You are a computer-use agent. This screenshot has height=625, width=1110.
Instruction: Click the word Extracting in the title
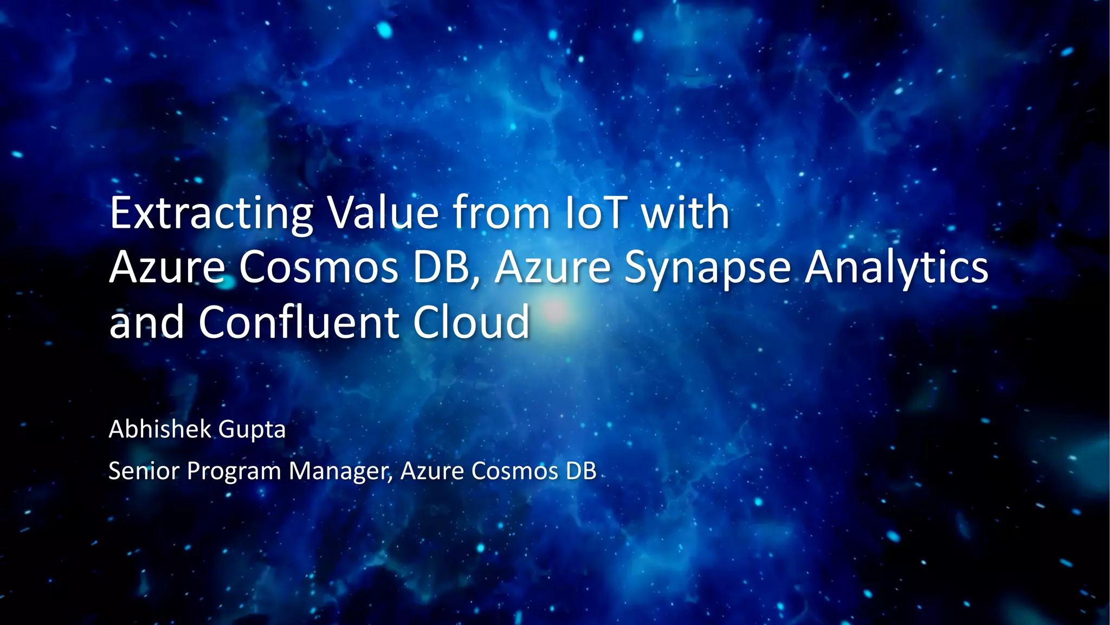click(x=211, y=213)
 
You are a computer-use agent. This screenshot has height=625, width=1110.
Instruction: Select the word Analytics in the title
click(x=896, y=268)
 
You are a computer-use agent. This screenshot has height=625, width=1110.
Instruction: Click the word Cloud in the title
click(x=471, y=322)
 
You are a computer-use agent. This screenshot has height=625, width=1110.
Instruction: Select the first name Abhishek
click(x=160, y=429)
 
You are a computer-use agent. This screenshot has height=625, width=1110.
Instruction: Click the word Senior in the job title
click(x=144, y=470)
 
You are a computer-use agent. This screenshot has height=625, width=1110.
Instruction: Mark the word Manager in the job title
click(x=340, y=471)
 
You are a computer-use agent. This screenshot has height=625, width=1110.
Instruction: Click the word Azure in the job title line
click(x=432, y=470)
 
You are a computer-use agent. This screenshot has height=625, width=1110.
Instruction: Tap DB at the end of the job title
click(x=581, y=470)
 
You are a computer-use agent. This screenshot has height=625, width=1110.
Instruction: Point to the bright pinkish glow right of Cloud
click(x=556, y=312)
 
